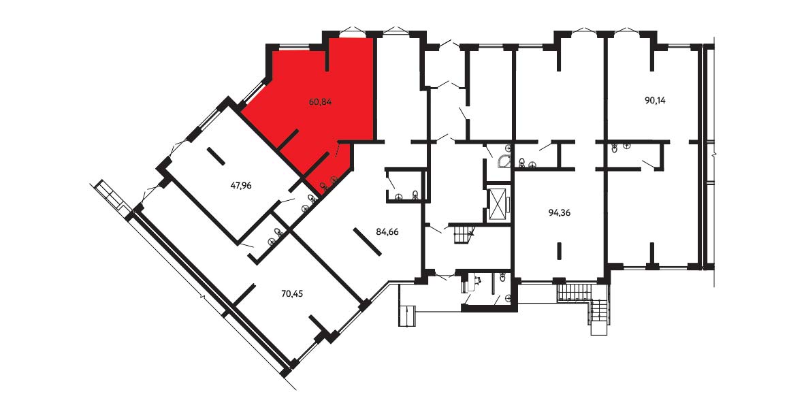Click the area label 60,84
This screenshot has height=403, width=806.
click(x=320, y=102)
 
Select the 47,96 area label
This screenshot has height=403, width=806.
click(x=241, y=185)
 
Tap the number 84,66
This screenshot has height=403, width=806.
click(x=387, y=232)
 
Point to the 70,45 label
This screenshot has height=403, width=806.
click(x=293, y=294)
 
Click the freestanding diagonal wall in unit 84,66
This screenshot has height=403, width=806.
click(x=368, y=242)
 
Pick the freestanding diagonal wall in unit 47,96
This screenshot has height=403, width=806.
click(x=216, y=157)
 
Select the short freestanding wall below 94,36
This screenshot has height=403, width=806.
click(x=560, y=251)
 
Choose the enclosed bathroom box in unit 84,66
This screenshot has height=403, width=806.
click(x=406, y=185)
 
